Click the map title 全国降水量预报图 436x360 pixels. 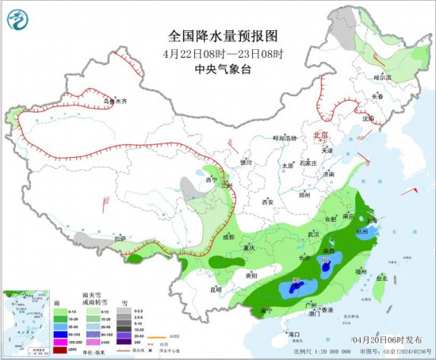pos(224,36)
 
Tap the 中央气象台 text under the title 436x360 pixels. pos(224,69)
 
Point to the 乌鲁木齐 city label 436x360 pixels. pos(116,101)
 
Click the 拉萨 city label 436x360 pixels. pos(119,238)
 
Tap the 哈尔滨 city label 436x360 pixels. pos(383,78)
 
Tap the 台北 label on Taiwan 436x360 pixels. pos(381,278)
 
